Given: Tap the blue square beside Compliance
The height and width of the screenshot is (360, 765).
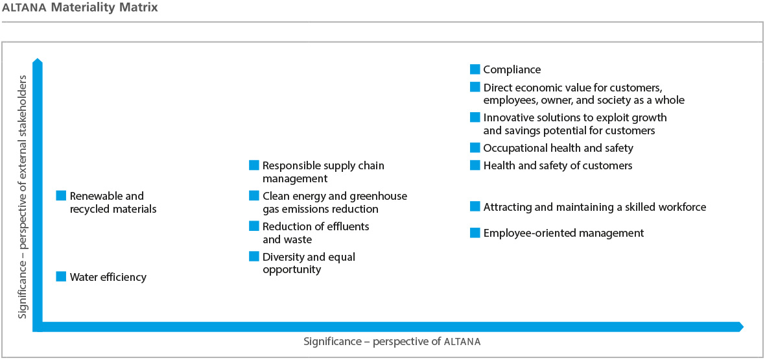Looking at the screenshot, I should pos(475,69).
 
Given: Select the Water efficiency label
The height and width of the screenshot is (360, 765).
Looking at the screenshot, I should pos(108,277).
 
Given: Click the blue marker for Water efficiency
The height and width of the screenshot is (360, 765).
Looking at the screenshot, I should pos(62,276).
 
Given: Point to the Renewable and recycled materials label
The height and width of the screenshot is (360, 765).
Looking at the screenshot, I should pos(113,202).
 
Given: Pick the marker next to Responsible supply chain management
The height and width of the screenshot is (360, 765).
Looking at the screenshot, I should pos(254,165).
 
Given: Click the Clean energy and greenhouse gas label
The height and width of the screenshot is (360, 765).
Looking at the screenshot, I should pos(335,202).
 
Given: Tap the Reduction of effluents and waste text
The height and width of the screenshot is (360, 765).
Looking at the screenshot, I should pos(316,233).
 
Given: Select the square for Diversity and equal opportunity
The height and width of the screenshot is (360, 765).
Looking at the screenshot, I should pos(254,257).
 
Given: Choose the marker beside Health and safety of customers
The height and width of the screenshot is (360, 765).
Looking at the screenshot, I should pos(475,165).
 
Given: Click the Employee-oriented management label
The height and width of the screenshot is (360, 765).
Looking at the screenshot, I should pos(563,233).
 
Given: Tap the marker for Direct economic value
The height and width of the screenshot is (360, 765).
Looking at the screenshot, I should pos(475,87).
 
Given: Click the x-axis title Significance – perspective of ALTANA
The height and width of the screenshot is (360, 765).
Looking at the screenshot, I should pos(392,341).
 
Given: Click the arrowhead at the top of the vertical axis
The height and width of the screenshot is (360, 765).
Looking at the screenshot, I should pos(38,62).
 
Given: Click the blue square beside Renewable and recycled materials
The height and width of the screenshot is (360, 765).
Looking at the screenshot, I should pos(62,195).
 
